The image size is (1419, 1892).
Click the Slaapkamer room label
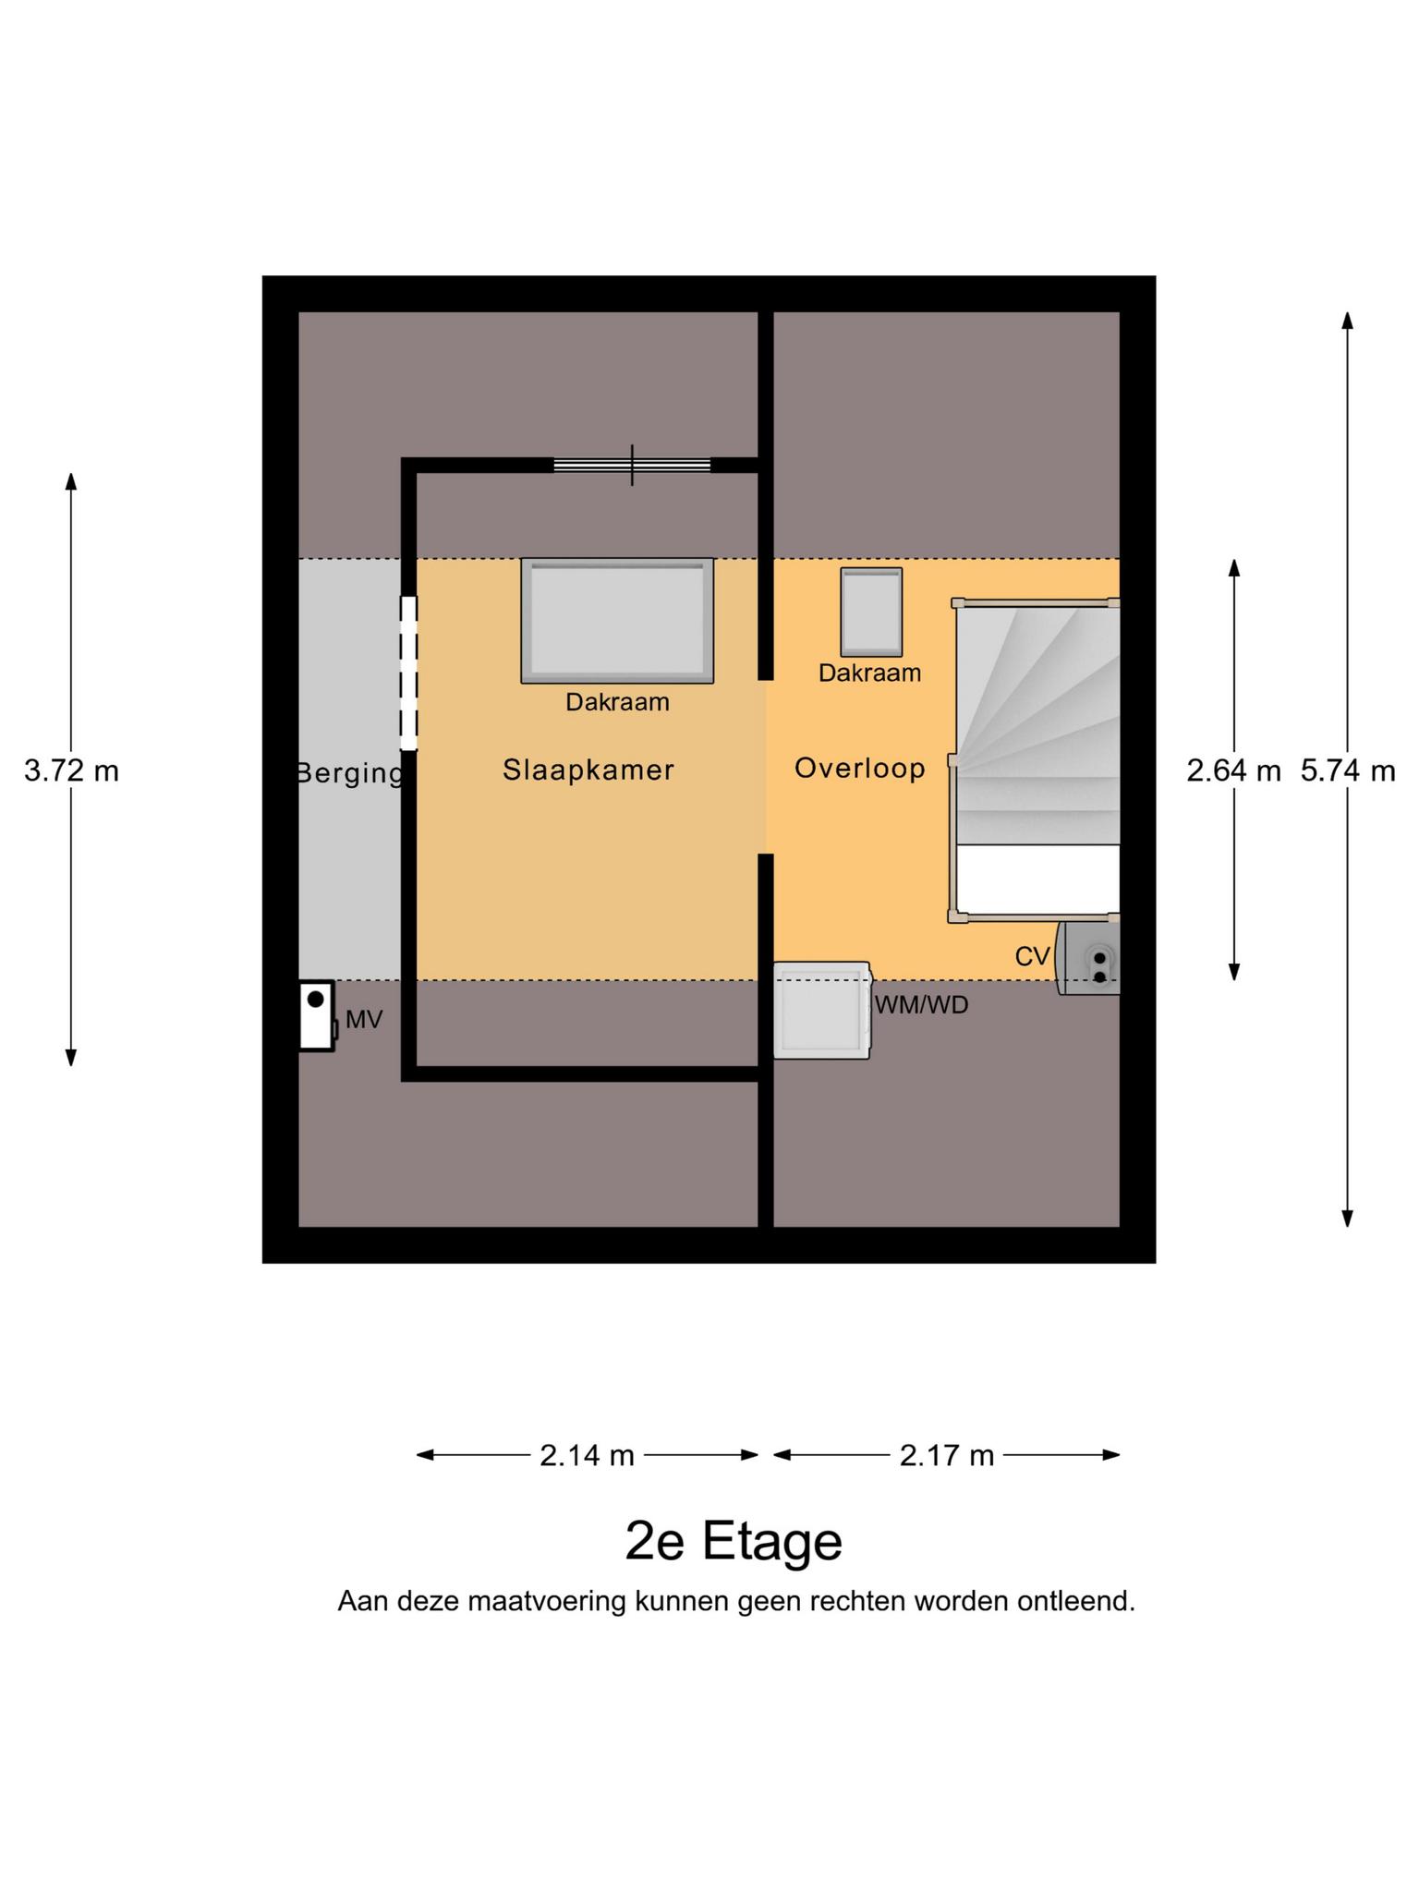(588, 770)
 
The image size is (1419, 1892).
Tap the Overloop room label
(860, 768)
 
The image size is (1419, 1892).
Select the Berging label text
(350, 773)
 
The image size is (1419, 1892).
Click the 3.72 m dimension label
(71, 770)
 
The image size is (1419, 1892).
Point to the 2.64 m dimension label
(1234, 770)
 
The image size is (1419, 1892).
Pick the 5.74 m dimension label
(1348, 770)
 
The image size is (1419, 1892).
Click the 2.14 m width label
(588, 1456)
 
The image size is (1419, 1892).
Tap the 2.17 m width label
(947, 1456)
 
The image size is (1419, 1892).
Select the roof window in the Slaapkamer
(617, 621)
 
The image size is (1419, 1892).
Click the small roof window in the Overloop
(871, 612)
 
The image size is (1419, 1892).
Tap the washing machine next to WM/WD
(822, 1010)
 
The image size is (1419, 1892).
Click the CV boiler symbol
(1089, 958)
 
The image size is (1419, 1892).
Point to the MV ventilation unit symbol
(317, 1015)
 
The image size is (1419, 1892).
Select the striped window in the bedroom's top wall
(632, 465)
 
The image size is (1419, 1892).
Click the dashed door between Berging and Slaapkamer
(408, 673)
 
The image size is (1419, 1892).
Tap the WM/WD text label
(922, 1005)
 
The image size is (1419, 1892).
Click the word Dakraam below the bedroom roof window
(618, 702)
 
